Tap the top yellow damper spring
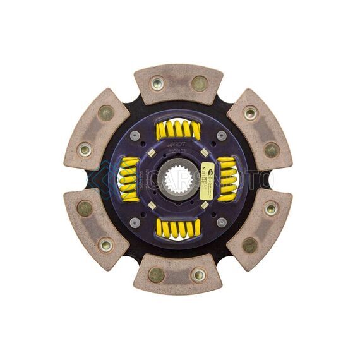[x=178, y=130]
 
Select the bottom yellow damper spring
[x=178, y=228]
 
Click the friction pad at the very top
[x=178, y=84]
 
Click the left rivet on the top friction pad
[x=157, y=83]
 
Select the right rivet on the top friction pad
[x=199, y=83]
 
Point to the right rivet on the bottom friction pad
[x=199, y=274]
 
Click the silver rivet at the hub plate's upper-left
[x=135, y=136]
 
